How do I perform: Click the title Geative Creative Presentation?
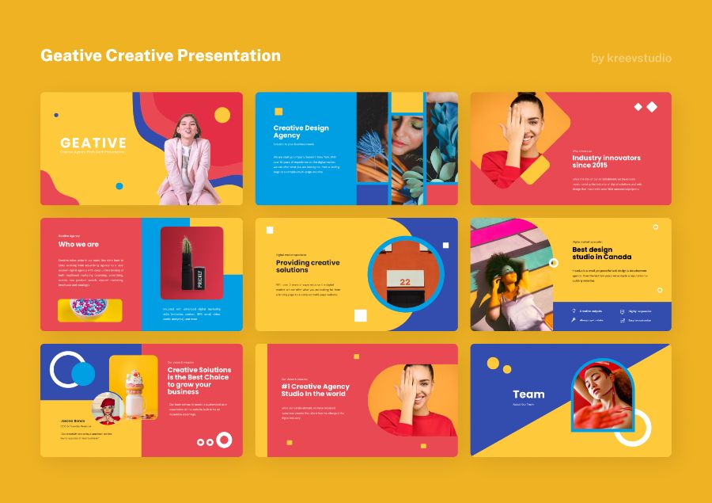point(161,56)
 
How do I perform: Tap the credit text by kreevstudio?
point(631,58)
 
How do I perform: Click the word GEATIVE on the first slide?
point(93,143)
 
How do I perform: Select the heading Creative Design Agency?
point(301,131)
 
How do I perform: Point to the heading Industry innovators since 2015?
point(606,162)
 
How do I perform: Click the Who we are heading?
point(78,245)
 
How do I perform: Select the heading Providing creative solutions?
point(308,266)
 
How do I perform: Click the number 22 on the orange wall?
point(405,281)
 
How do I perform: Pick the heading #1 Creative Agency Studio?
point(315,391)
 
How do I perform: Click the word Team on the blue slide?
point(528,394)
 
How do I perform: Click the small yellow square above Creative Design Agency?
point(278,112)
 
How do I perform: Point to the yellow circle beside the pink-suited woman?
point(222,116)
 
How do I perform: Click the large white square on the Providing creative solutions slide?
point(361,315)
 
